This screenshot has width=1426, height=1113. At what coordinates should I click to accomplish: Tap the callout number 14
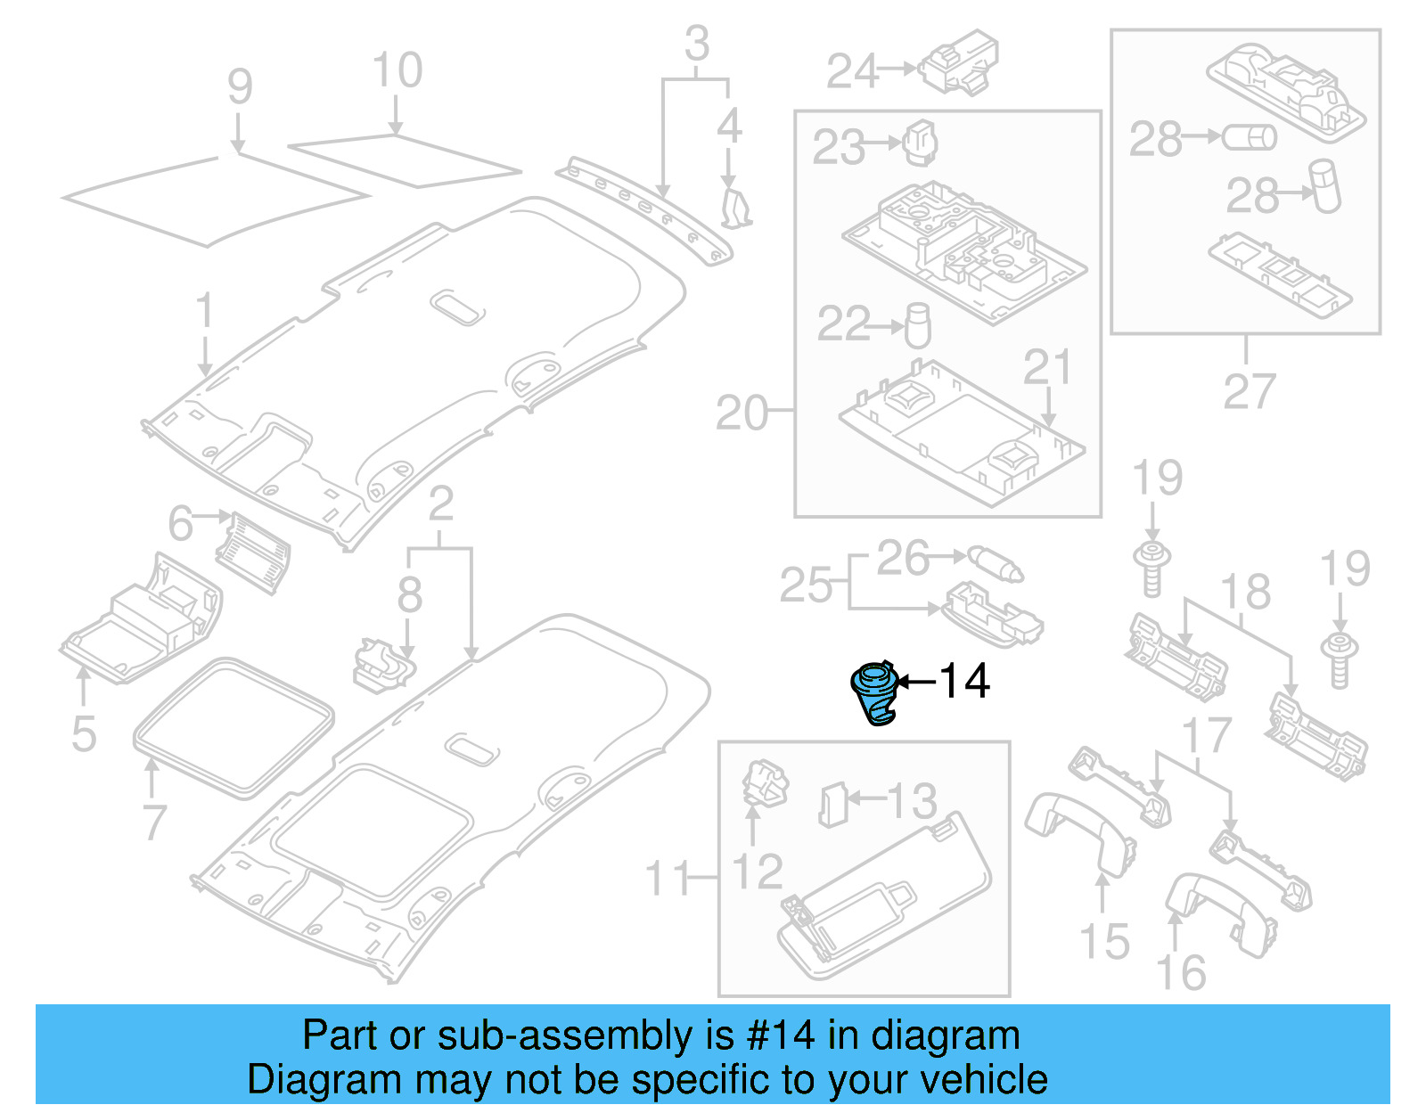(964, 682)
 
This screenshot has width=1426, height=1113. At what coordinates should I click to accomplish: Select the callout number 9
(240, 87)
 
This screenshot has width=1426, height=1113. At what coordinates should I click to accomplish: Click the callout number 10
(397, 71)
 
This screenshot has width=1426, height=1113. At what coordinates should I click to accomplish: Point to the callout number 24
(852, 71)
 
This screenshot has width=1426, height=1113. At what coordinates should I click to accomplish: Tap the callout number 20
(742, 413)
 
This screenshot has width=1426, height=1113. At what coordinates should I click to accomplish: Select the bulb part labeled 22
(918, 326)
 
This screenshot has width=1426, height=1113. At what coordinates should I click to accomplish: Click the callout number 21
(1047, 367)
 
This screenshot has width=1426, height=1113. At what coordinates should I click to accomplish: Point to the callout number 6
(180, 523)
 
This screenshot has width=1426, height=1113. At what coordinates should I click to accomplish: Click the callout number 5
(84, 733)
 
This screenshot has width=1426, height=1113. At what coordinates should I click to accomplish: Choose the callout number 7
(154, 821)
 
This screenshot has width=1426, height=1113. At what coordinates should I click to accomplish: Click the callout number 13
(911, 800)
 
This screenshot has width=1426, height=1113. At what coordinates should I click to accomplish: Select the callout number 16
(1181, 972)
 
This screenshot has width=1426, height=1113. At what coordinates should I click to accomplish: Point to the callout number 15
(1104, 941)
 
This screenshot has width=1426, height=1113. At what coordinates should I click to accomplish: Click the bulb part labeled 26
(996, 563)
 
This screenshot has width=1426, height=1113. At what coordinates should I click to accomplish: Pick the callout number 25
(805, 585)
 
